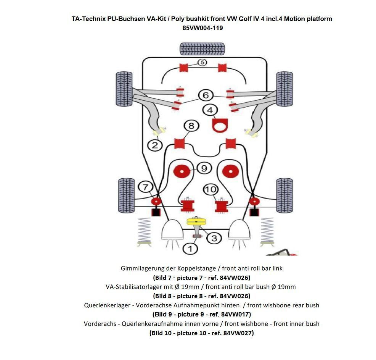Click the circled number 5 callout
pyautogui.click(x=202, y=62)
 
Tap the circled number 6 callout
pyautogui.click(x=206, y=95)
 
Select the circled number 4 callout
pyautogui.click(x=210, y=110)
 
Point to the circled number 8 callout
pyautogui.click(x=191, y=126)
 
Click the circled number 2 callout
pyautogui.click(x=155, y=145)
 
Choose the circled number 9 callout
pyautogui.click(x=204, y=168)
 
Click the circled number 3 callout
pyautogui.click(x=214, y=238)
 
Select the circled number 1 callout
pyautogui.click(x=190, y=249)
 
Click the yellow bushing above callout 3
pyautogui.click(x=196, y=222)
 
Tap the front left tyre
pyautogui.click(x=124, y=89)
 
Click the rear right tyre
pyautogui.click(x=284, y=195)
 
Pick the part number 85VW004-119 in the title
pyautogui.click(x=202, y=28)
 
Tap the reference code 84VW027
pyautogui.click(x=239, y=333)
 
